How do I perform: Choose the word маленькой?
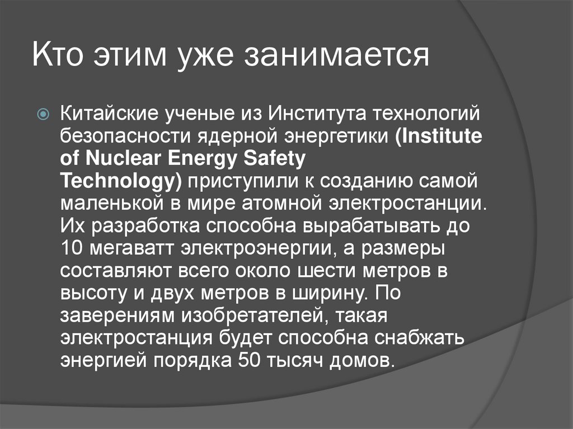click(114, 202)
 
